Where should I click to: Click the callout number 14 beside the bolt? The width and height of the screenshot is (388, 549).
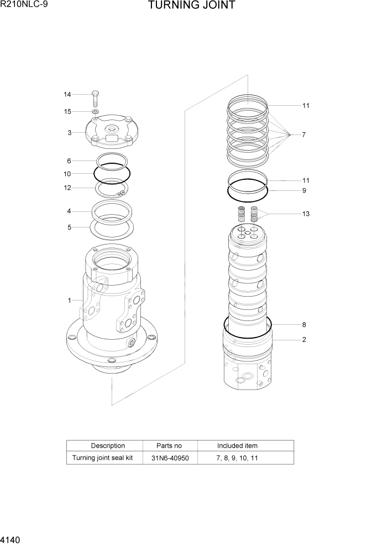67,95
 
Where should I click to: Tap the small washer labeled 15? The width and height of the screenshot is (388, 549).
96,112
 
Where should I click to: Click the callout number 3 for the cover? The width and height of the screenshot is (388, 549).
70,132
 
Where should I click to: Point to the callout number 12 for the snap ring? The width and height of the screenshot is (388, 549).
67,188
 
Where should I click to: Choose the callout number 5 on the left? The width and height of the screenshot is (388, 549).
70,226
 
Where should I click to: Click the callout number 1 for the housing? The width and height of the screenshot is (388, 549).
70,301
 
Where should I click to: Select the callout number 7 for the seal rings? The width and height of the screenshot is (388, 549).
304,134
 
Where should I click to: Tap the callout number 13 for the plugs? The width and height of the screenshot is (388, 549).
306,214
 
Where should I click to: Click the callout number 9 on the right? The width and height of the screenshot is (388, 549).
304,190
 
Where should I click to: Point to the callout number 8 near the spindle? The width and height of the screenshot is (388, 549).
304,325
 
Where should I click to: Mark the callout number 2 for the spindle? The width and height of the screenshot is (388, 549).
304,340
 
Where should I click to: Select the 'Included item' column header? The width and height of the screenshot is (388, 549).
237,446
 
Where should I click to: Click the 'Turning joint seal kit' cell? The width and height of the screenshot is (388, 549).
103,458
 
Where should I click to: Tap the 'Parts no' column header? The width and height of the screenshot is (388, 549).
169,446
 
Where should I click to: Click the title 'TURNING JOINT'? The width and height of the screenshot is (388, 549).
192,6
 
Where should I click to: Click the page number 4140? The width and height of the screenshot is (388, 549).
12,538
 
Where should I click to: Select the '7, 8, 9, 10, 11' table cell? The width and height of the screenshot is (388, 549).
237,458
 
